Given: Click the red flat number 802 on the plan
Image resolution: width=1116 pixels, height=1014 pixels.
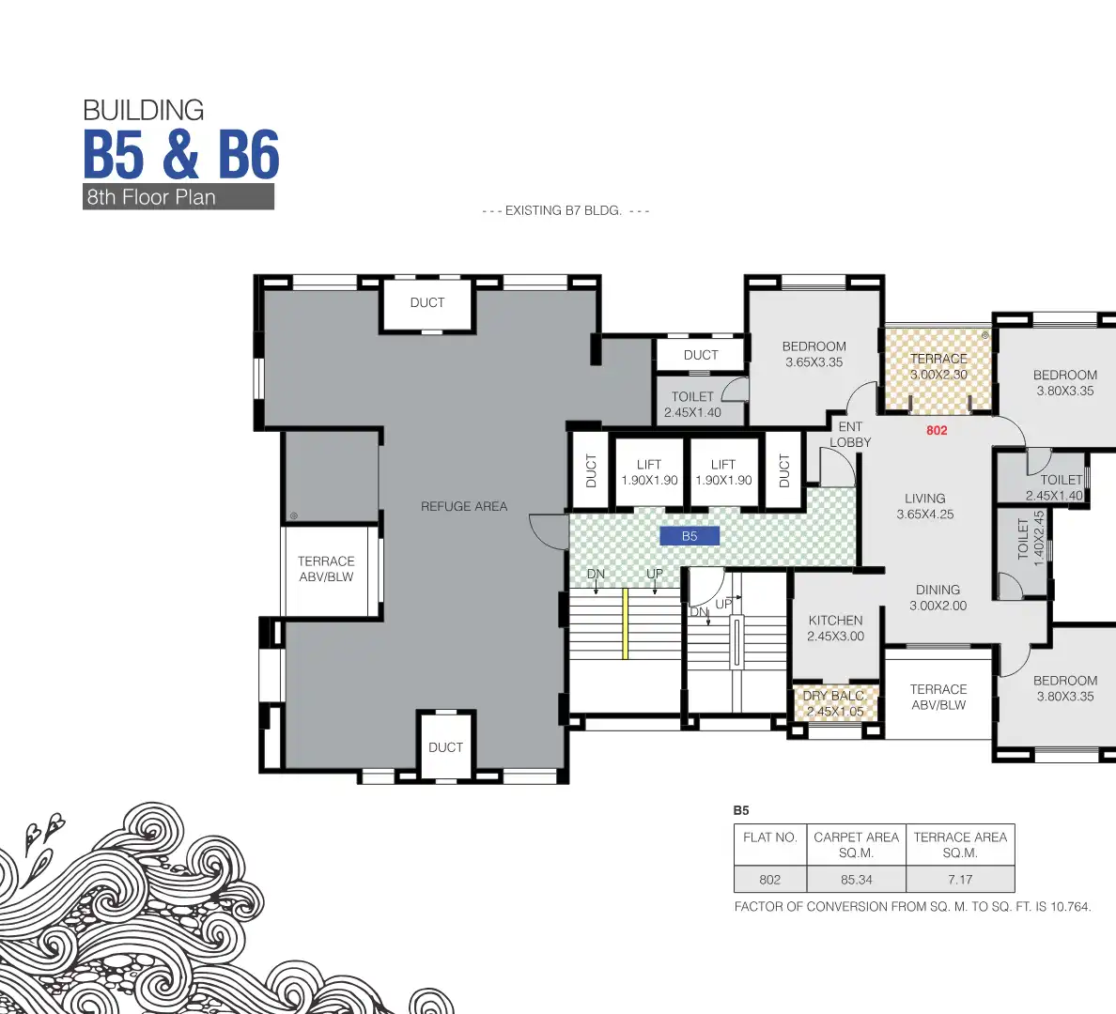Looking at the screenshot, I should click(937, 430).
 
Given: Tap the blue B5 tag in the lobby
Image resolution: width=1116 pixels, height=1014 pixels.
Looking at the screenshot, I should click(690, 536).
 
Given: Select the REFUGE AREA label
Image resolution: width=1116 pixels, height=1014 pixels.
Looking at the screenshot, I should click(464, 506).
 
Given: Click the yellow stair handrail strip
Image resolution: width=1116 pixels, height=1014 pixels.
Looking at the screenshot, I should click(625, 623).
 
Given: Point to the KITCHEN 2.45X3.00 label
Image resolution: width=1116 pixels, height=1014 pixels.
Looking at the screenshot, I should click(835, 628).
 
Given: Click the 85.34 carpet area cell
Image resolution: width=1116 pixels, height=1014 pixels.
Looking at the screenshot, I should click(856, 880).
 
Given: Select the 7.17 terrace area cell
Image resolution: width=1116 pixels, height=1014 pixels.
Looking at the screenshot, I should click(960, 880).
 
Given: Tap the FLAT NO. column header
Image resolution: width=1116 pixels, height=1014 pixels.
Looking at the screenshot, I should click(769, 837).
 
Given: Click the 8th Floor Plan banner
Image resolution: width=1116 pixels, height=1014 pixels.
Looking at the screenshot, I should click(178, 197).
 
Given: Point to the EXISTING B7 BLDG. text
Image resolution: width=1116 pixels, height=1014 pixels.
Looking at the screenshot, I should click(565, 210).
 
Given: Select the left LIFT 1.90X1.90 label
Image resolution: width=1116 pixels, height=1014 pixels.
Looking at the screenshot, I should click(649, 472).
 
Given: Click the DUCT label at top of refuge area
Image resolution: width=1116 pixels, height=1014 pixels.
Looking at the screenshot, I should click(427, 302).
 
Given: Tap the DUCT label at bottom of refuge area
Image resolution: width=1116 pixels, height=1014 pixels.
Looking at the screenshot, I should click(445, 747).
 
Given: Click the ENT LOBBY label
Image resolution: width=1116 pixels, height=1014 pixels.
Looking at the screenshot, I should click(850, 434).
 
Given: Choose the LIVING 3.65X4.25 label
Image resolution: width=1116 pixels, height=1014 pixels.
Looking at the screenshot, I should click(924, 506).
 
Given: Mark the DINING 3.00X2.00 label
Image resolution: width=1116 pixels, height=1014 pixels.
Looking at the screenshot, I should click(938, 597).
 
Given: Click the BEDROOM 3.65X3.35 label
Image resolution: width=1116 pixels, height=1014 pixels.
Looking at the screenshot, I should click(814, 354).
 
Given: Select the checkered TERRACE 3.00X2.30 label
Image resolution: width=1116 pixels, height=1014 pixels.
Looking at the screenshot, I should click(938, 366).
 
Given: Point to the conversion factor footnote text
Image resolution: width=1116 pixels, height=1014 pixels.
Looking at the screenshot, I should click(912, 907).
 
